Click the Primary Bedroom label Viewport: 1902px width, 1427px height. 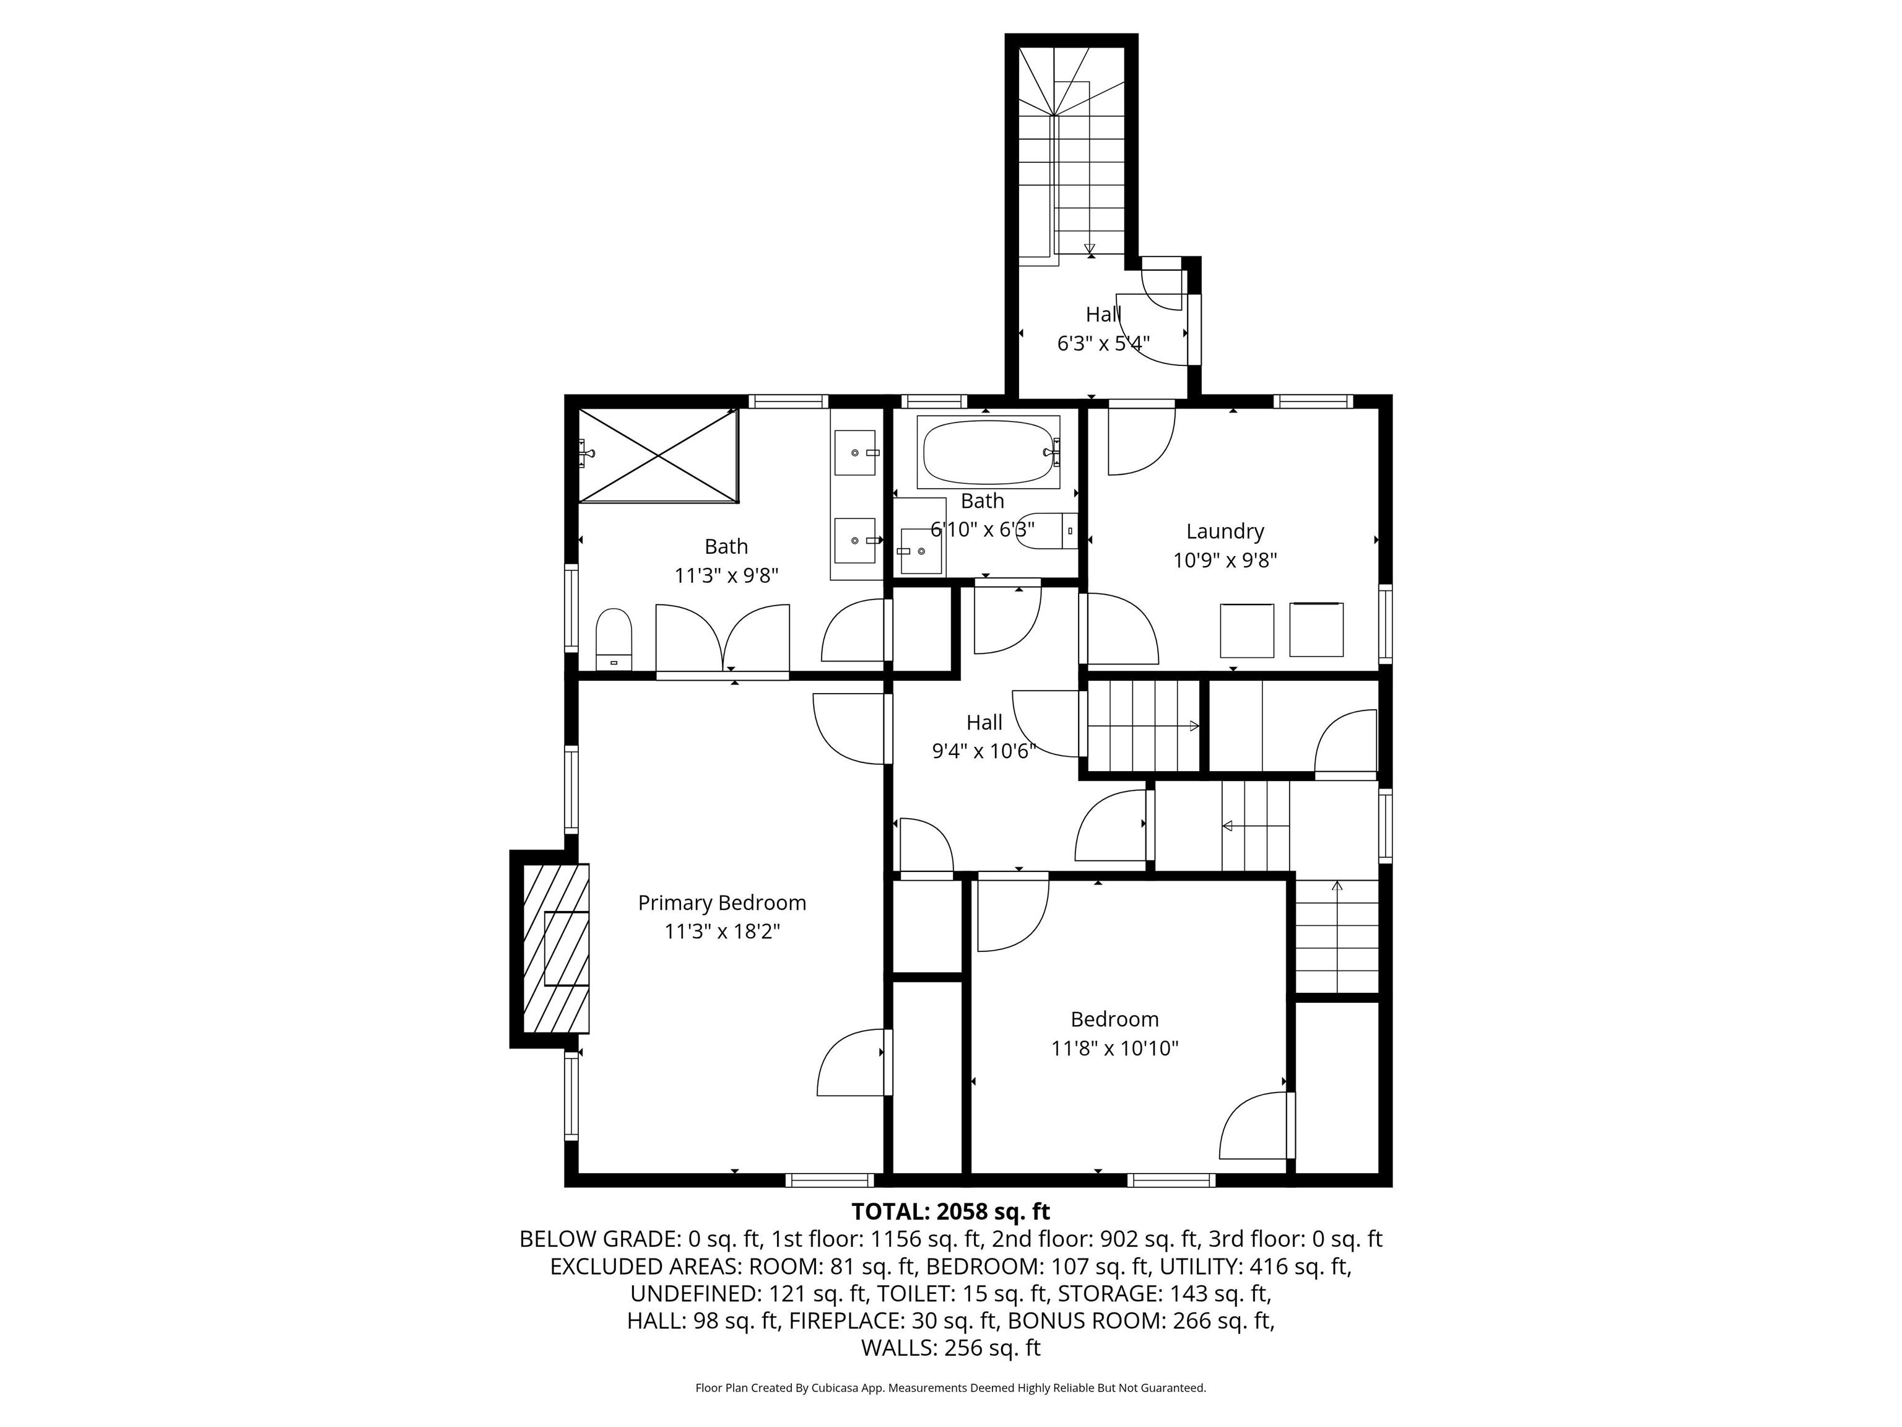point(721,902)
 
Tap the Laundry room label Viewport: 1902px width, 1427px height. point(1225,531)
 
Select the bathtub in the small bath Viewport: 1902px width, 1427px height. point(988,453)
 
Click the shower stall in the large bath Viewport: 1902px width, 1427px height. point(658,455)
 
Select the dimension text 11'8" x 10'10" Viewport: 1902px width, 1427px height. point(1114,1049)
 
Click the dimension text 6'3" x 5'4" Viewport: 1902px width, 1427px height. point(1103,343)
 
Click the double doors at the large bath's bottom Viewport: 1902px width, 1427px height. point(723,641)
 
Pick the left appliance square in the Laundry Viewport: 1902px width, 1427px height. point(1247,631)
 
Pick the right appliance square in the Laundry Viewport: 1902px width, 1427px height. point(1316,631)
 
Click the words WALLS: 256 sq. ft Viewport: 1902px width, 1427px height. point(950,1347)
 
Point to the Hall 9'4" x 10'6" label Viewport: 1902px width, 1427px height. point(984,736)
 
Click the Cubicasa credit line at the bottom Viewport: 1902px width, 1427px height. point(950,1387)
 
